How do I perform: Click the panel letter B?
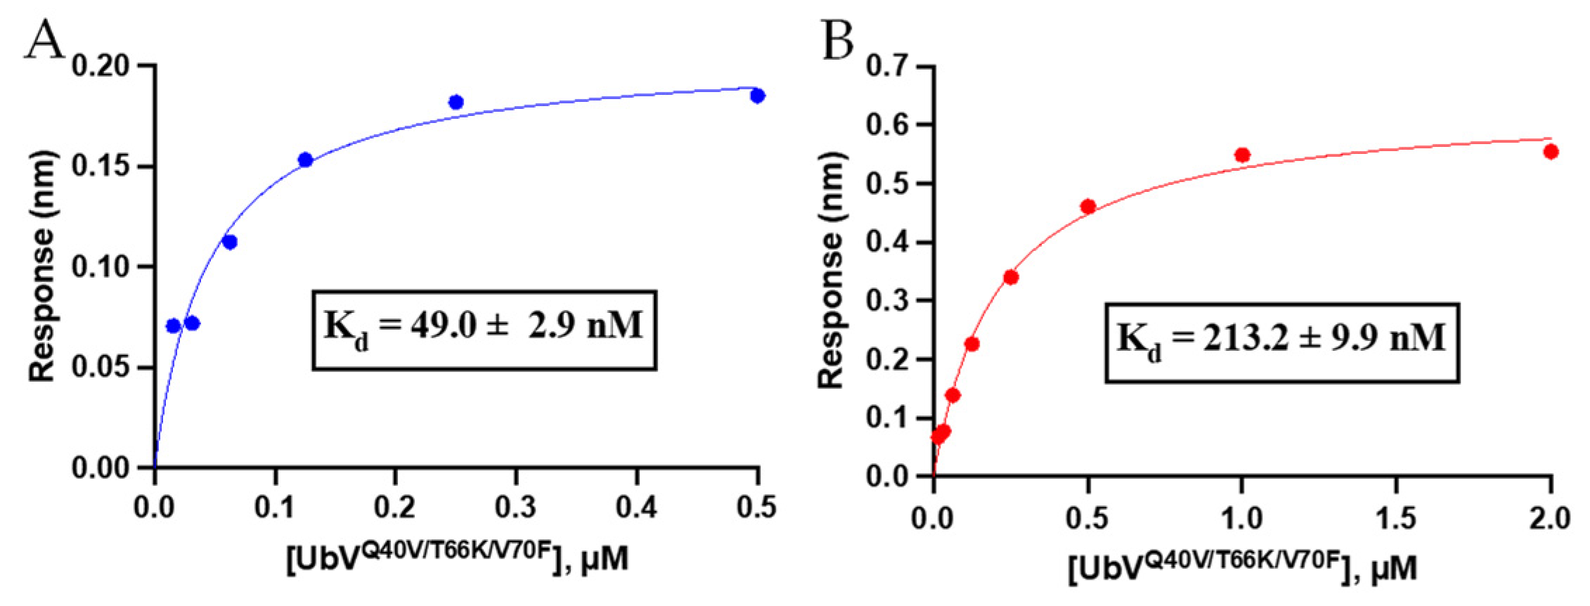(837, 40)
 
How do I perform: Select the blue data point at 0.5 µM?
(757, 96)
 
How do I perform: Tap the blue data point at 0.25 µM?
(455, 102)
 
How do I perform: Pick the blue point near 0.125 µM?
(305, 160)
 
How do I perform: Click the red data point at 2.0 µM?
(1551, 151)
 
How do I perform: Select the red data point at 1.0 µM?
(1242, 155)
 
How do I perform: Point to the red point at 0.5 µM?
(1088, 206)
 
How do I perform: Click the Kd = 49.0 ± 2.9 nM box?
(484, 330)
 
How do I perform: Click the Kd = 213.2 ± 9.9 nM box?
(1281, 342)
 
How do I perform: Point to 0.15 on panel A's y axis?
(101, 166)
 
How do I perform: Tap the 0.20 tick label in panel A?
(101, 66)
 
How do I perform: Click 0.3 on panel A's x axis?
(515, 507)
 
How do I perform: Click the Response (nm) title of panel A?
(41, 266)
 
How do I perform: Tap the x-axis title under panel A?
(458, 560)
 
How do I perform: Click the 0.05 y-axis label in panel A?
(101, 366)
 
